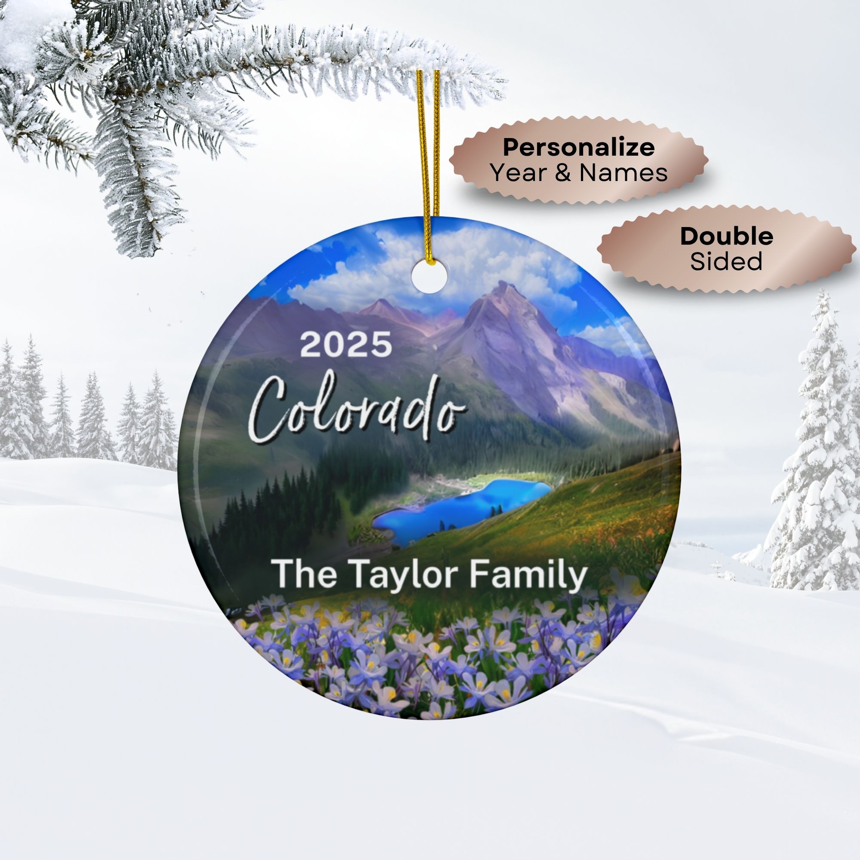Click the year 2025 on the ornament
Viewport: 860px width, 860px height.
pos(346,344)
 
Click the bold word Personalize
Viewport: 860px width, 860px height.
pos(579,147)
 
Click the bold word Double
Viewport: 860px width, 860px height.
pos(726,236)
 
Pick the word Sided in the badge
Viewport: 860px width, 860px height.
pos(726,261)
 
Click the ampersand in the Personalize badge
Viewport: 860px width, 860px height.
pos(562,173)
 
